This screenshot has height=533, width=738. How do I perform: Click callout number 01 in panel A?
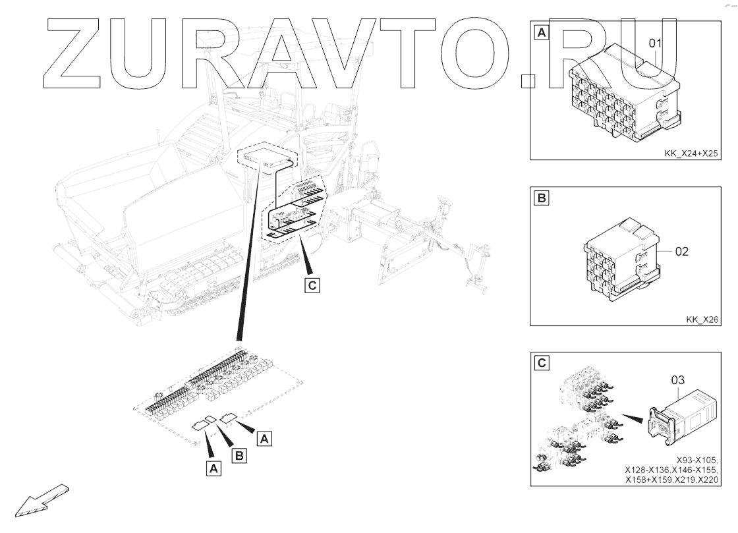[655, 44]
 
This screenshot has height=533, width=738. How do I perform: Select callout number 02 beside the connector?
[681, 251]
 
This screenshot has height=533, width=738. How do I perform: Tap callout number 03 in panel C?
[678, 379]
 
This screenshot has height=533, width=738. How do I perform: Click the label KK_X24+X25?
[691, 154]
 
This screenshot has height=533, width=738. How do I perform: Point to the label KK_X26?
[702, 320]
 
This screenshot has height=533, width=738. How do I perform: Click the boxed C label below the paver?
[312, 285]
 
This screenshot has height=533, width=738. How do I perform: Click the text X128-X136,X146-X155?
[672, 470]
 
